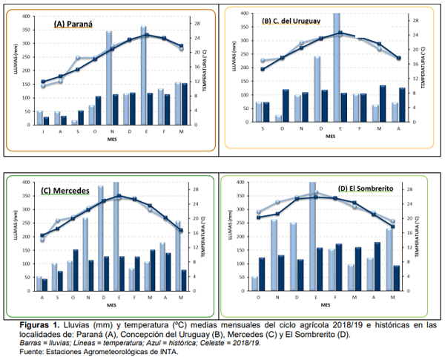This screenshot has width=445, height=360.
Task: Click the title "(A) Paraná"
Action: [73, 24]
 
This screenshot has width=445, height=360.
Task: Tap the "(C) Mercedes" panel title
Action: [66, 190]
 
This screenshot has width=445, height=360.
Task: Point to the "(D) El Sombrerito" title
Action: [367, 189]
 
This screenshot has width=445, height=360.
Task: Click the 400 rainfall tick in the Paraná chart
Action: [27, 15]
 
